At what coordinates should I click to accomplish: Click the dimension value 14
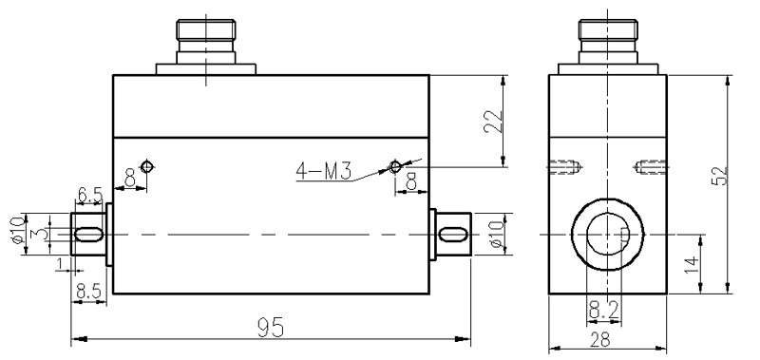pyautogui.click(x=693, y=262)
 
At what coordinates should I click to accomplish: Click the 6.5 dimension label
pyautogui.click(x=90, y=195)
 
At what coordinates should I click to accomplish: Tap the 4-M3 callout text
pyautogui.click(x=324, y=172)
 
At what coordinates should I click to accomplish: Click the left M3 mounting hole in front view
pyautogui.click(x=146, y=167)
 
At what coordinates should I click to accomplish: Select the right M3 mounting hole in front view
pyautogui.click(x=397, y=167)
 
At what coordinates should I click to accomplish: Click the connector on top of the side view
pyautogui.click(x=607, y=43)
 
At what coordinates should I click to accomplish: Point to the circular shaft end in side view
pyautogui.click(x=607, y=234)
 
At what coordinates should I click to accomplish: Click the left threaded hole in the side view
pyautogui.click(x=564, y=169)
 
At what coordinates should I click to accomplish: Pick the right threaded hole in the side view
pyautogui.click(x=650, y=169)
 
